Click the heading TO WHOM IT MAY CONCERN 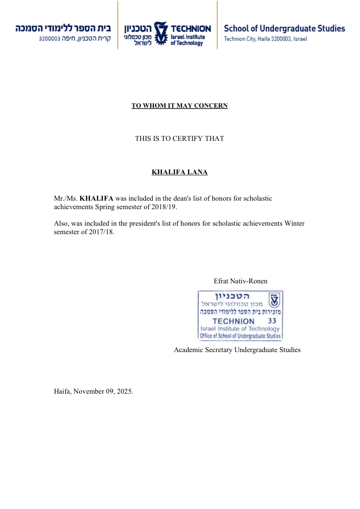[180, 106]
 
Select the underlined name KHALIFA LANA [180, 172]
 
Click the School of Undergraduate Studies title [284, 29]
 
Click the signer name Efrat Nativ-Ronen [240, 281]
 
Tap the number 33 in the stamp [272, 321]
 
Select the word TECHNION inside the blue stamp [233, 321]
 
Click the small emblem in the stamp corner [275, 300]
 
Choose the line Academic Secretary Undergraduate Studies [237, 350]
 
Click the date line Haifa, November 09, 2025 [93, 391]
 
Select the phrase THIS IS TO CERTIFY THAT [180, 139]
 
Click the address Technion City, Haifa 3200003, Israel [265, 39]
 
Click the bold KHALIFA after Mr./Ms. [96, 199]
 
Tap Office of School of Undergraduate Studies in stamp [240, 336]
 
